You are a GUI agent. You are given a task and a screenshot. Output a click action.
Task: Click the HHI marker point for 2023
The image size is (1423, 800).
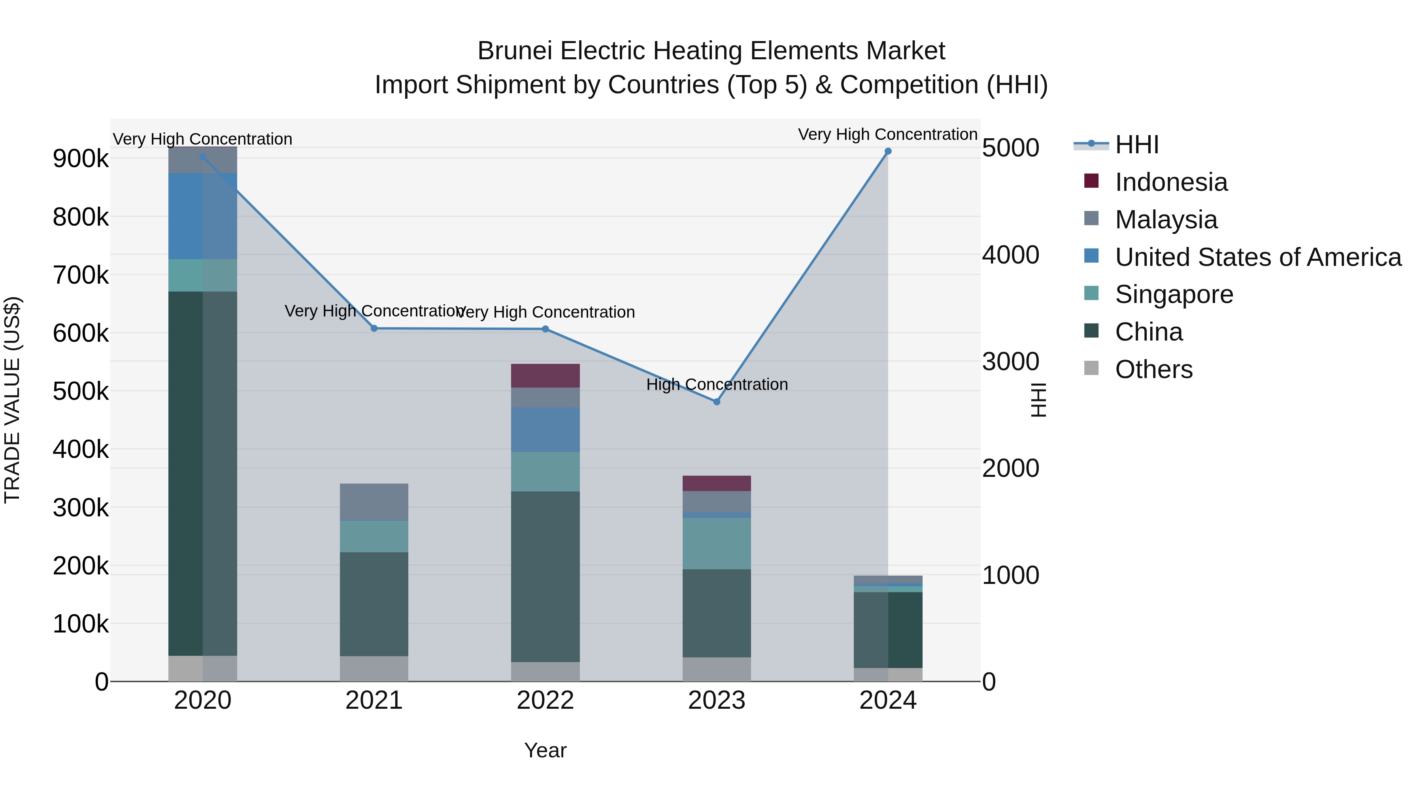(x=717, y=402)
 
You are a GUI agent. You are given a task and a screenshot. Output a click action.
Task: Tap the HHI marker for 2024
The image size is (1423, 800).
(x=888, y=151)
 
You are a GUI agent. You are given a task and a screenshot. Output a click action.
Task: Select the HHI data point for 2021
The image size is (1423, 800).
(x=374, y=329)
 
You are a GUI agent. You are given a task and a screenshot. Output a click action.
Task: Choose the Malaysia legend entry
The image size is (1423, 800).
(x=1166, y=220)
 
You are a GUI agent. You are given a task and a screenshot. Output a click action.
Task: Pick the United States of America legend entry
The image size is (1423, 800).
(x=1257, y=257)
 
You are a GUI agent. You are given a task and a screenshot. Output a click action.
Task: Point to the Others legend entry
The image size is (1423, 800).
(x=1153, y=369)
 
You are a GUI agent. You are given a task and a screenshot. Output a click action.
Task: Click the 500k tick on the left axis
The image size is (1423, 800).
(x=81, y=392)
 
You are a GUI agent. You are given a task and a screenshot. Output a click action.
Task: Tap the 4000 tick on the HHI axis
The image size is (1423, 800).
(x=1010, y=255)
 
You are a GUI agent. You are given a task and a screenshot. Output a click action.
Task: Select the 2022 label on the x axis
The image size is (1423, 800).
(x=545, y=700)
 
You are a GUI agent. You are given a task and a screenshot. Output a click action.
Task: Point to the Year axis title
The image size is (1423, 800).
(x=545, y=750)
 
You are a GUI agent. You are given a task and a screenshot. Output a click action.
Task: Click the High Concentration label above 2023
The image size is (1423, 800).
(x=717, y=384)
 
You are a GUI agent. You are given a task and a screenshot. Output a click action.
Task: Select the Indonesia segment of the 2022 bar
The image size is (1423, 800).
(x=545, y=376)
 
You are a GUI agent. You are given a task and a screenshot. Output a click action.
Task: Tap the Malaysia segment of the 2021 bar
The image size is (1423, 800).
(x=374, y=502)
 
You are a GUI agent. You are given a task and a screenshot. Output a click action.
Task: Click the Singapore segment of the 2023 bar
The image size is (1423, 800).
(x=717, y=543)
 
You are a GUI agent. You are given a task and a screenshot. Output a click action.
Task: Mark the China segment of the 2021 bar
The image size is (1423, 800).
(x=374, y=604)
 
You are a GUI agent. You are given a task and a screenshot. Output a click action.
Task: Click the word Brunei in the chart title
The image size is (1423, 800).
(x=514, y=51)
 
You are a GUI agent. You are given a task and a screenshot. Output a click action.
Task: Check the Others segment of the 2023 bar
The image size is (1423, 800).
(x=717, y=669)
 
